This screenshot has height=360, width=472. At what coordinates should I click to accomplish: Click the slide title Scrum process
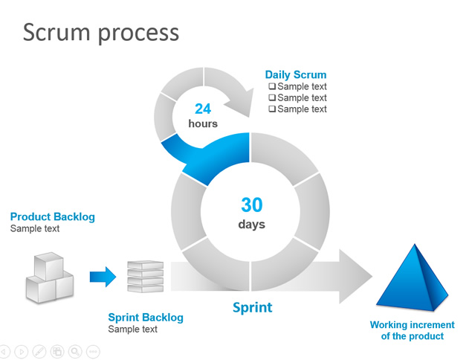point(101,32)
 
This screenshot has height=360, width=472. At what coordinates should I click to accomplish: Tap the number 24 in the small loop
point(203,109)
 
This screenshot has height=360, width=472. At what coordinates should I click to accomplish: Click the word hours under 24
point(203,123)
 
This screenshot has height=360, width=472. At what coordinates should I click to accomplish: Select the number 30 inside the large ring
point(251,205)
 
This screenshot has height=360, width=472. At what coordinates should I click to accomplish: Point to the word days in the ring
point(251,224)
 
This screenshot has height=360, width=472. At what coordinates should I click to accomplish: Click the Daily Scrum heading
point(296,75)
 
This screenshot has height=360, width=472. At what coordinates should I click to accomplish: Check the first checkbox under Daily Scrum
point(272,86)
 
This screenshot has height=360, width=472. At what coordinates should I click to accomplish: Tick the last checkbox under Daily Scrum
point(272,109)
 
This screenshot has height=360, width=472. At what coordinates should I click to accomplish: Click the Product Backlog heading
point(53,217)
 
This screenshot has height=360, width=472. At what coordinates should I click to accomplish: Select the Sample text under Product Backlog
point(35,228)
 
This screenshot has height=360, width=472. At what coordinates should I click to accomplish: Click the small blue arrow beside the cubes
point(103,277)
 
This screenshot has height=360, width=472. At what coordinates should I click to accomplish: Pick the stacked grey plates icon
point(145,277)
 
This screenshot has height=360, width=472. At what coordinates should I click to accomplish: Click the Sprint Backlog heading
point(146,318)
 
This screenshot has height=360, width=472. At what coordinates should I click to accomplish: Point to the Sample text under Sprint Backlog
point(133,329)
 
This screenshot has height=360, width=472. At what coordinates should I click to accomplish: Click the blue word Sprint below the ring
point(253,307)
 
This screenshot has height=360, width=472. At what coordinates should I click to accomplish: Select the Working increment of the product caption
point(413,330)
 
